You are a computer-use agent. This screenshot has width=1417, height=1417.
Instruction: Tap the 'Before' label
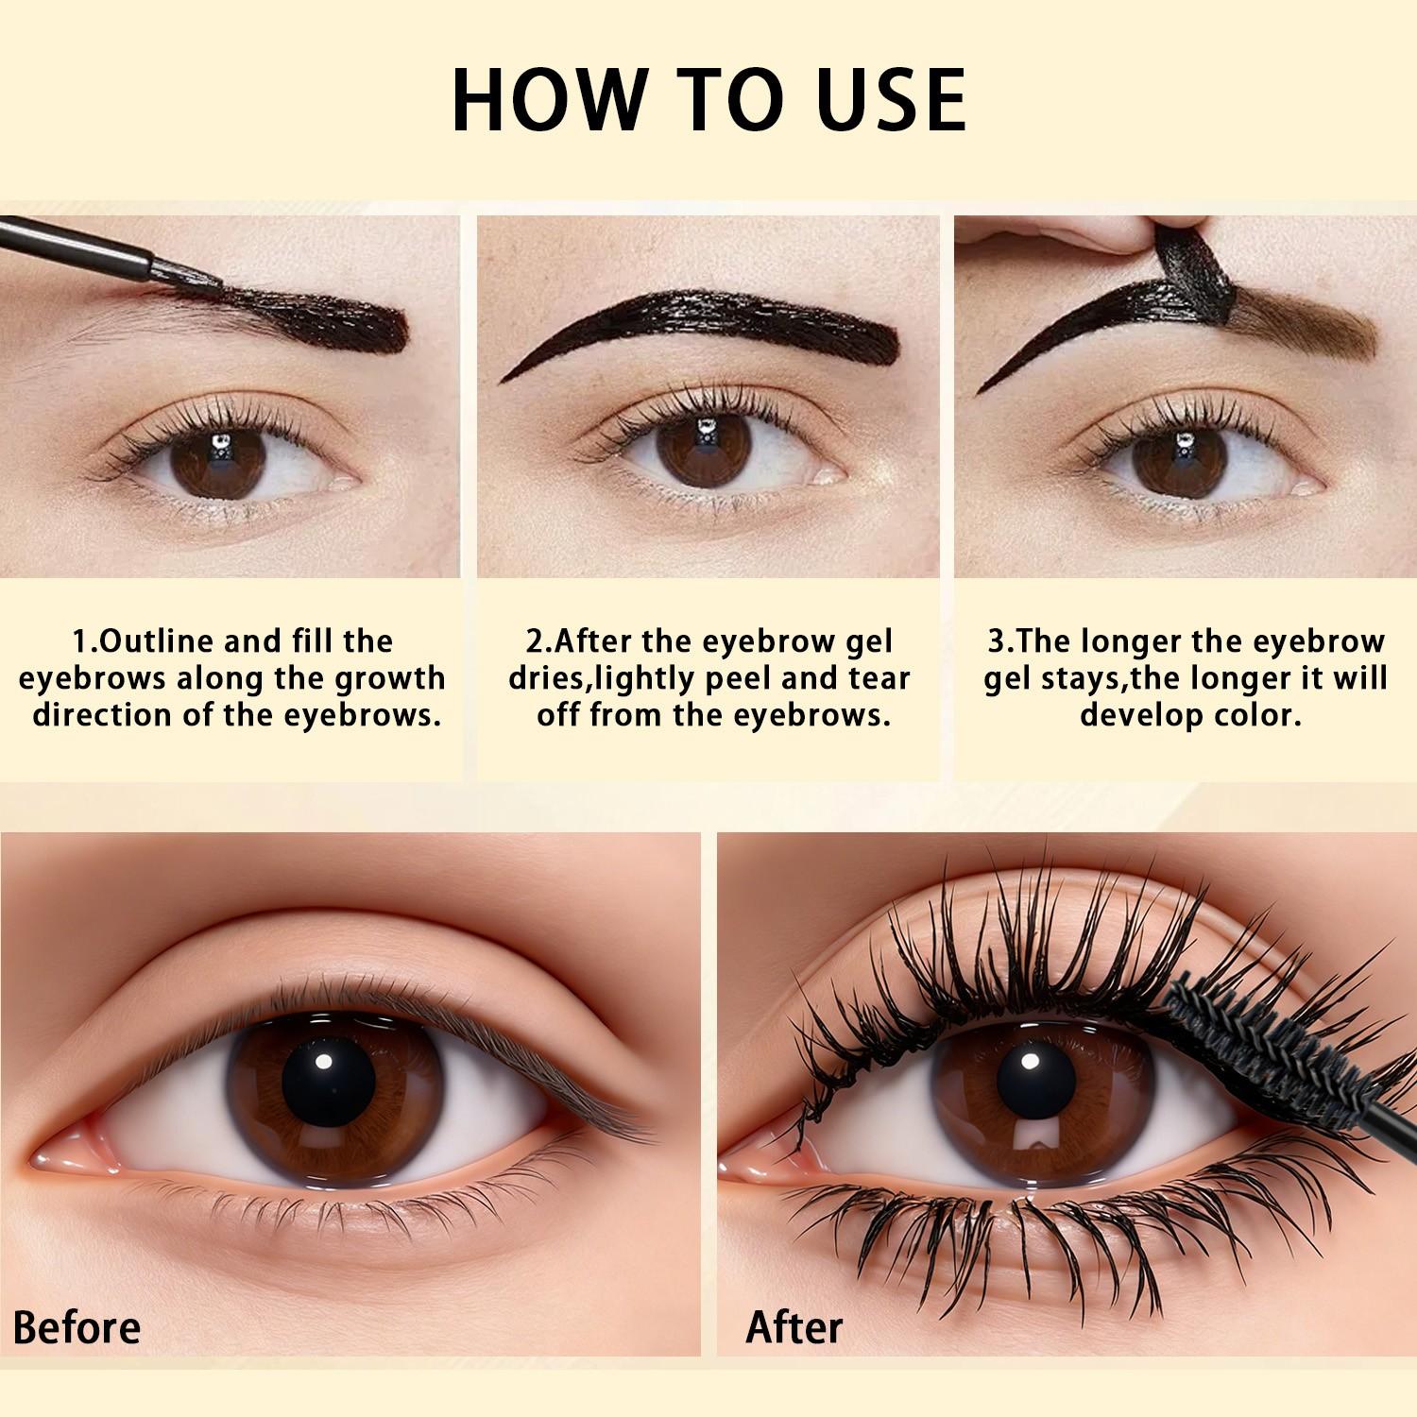[77, 1327]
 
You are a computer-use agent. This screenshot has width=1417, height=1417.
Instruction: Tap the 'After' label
[794, 1327]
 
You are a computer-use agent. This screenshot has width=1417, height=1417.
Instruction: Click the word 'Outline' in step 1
[157, 641]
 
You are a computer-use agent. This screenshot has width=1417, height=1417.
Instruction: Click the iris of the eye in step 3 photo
[1181, 456]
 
